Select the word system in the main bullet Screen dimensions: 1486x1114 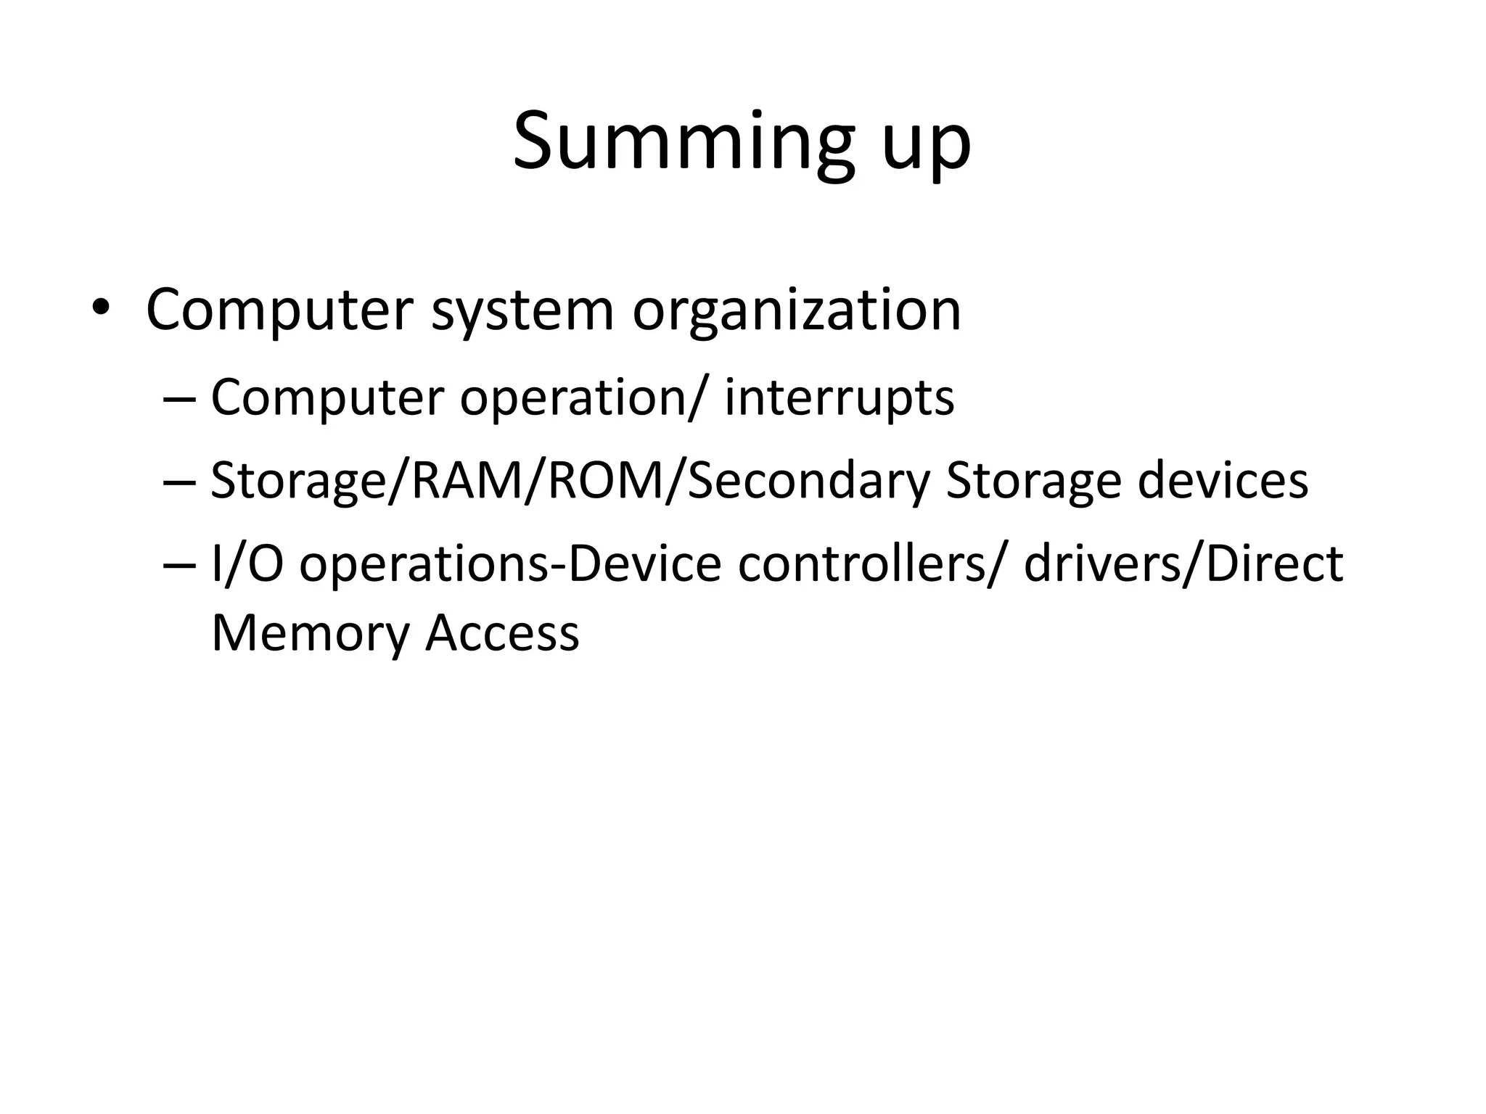(x=522, y=312)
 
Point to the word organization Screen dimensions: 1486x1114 (x=797, y=312)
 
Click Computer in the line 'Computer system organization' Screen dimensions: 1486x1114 (x=279, y=312)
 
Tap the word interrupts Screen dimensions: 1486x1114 (x=839, y=398)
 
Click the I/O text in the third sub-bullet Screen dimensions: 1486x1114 (x=246, y=564)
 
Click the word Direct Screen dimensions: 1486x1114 (x=1274, y=564)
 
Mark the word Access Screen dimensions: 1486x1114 (x=502, y=632)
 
